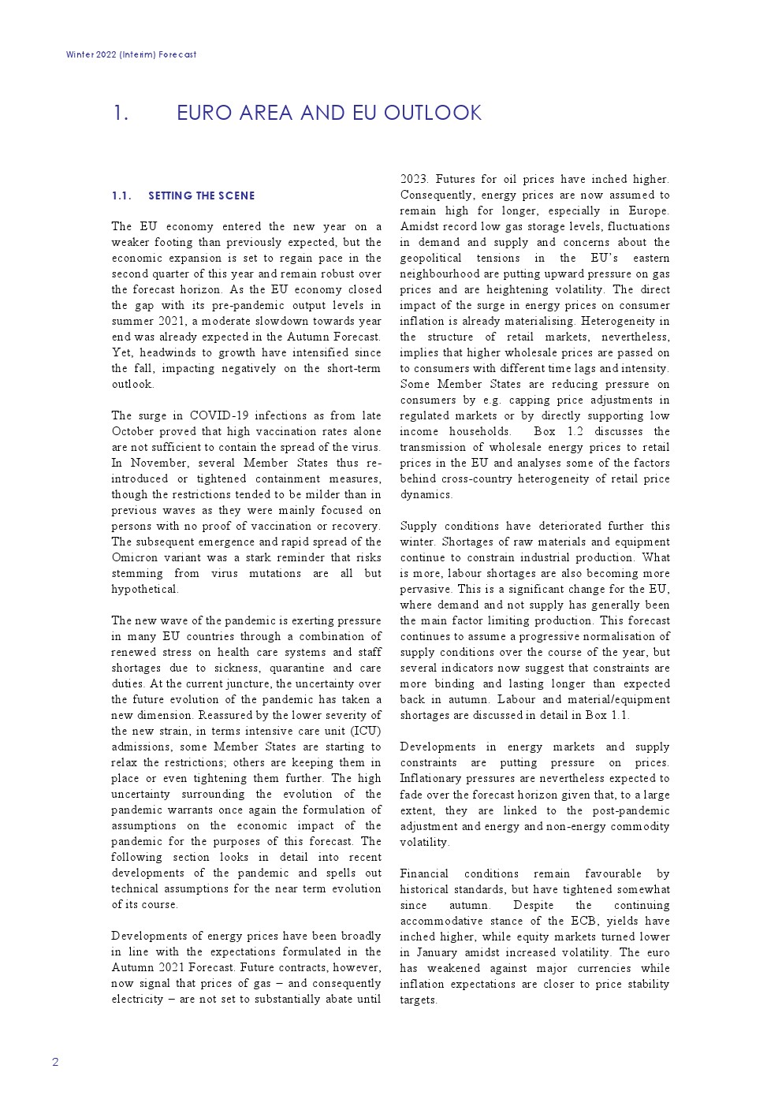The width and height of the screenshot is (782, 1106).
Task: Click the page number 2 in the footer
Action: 55,1062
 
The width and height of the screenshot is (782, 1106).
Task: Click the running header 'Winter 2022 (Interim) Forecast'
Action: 131,54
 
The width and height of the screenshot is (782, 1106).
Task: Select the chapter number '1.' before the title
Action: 120,113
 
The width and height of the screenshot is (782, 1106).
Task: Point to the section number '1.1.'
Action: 121,196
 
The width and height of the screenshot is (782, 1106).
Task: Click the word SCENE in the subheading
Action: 238,196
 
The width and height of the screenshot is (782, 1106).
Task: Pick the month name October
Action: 132,431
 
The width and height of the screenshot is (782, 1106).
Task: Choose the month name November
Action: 158,463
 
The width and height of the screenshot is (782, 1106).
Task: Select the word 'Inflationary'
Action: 431,778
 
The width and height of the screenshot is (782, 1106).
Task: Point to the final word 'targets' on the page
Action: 417,1000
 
